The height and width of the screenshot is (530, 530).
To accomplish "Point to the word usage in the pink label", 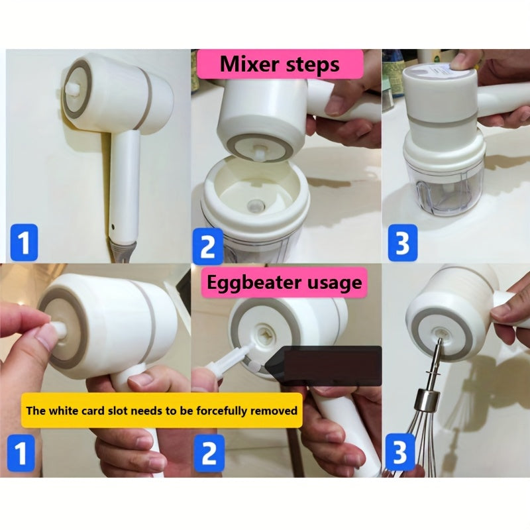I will pyautogui.click(x=335, y=283).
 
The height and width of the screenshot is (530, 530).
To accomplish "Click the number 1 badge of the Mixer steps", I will pyautogui.click(x=23, y=242).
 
